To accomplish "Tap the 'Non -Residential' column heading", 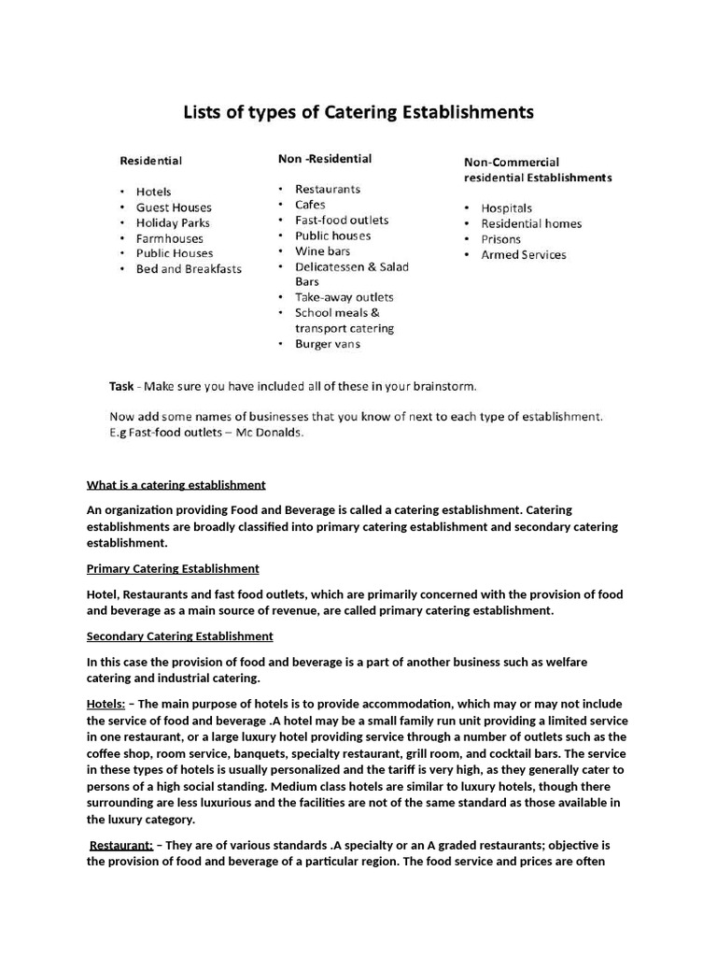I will (x=325, y=159).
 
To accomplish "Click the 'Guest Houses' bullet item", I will (x=174, y=207).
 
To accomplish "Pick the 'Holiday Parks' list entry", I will (x=173, y=222).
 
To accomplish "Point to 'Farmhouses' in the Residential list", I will (x=169, y=238).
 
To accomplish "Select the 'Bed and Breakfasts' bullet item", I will (x=189, y=269).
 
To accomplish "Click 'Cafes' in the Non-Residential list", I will (x=312, y=205).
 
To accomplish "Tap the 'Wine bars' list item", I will (x=322, y=250).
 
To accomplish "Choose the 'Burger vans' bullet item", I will (x=327, y=344).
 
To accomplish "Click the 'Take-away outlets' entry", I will (x=344, y=297).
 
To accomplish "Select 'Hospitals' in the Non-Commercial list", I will (x=506, y=208).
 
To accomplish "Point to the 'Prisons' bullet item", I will (x=501, y=239).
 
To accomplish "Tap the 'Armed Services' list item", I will (x=523, y=254).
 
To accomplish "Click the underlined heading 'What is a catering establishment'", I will (x=176, y=485).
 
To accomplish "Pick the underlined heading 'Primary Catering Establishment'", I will (x=173, y=568).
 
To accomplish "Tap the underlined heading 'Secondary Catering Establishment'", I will (x=180, y=636).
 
